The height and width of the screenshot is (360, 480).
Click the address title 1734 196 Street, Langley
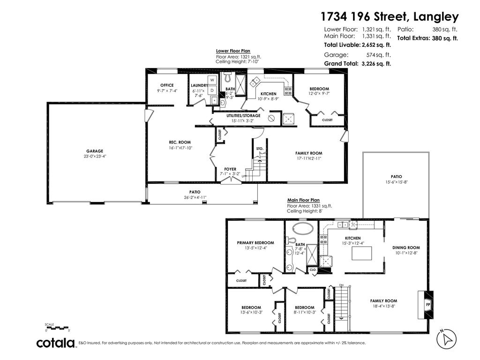pos(389,17)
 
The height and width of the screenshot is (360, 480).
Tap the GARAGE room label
pos(95,151)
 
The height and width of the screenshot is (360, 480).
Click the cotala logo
pos(56,343)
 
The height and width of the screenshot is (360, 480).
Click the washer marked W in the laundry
pos(212,80)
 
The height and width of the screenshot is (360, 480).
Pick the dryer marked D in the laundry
pos(212,90)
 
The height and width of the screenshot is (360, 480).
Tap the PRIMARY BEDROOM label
pos(255,243)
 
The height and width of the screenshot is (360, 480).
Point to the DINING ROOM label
pos(406,247)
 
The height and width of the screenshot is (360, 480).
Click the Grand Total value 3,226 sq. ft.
pos(376,64)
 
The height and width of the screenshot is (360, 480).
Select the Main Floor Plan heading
pos(303,200)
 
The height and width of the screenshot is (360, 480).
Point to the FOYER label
pos(230,169)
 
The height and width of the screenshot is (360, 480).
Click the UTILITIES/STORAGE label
pos(243,115)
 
